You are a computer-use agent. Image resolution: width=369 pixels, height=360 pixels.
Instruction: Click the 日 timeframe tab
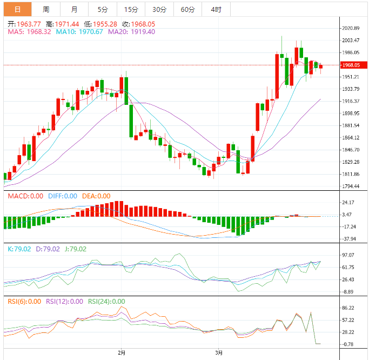click(x=18, y=9)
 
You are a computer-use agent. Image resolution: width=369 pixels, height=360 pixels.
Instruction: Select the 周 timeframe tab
click(x=46, y=9)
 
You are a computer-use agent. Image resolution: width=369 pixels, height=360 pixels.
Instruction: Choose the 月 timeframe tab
click(x=74, y=9)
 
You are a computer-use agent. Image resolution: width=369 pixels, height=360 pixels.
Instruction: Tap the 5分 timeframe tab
click(x=103, y=9)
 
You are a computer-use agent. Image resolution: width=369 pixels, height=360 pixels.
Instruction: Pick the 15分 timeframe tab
click(x=131, y=9)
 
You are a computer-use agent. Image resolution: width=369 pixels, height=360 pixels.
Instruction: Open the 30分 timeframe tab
click(x=159, y=9)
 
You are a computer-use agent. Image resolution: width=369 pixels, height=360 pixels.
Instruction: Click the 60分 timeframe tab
click(x=187, y=9)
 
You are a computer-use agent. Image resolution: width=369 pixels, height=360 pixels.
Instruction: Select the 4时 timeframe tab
click(x=216, y=9)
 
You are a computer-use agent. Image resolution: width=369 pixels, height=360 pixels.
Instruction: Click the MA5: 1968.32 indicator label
click(x=30, y=32)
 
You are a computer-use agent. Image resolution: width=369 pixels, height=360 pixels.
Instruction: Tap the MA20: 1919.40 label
click(x=131, y=32)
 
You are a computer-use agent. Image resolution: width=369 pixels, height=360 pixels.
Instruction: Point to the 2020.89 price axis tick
click(x=351, y=28)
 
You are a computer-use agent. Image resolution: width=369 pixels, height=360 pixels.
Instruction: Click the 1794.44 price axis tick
click(x=351, y=186)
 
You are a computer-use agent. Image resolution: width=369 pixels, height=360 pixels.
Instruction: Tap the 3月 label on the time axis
click(x=219, y=353)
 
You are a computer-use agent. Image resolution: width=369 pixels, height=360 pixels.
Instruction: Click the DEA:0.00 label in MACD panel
click(x=96, y=196)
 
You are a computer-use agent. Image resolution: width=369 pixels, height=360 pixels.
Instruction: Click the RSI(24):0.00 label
click(x=106, y=302)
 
